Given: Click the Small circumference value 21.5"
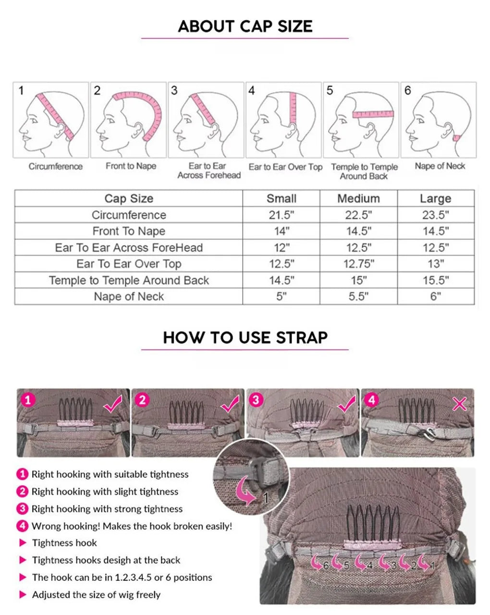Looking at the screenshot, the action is pos(281,215).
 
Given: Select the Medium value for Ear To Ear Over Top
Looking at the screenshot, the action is pos(358,264).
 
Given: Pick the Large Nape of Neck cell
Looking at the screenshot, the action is pos(436,296).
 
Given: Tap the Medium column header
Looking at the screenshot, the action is pos(358,198).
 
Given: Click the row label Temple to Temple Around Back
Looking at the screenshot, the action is pos(129,280).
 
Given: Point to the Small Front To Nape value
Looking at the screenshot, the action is pos(282,231).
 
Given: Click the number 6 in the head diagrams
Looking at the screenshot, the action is pos(407,90).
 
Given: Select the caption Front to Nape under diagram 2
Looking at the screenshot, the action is pos(131,166).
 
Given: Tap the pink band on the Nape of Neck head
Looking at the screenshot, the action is pos(456,138).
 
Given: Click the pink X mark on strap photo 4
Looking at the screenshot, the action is pos(459,404).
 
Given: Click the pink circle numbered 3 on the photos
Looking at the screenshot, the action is pos(256,400).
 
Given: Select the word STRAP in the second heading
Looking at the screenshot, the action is pos(302,337).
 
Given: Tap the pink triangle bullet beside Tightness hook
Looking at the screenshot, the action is pos(23,543).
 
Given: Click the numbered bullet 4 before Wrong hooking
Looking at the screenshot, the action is pos(22,526).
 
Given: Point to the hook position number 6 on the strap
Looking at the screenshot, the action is pos(326,566).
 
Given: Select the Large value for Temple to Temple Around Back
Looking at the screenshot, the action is pos(436,280).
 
